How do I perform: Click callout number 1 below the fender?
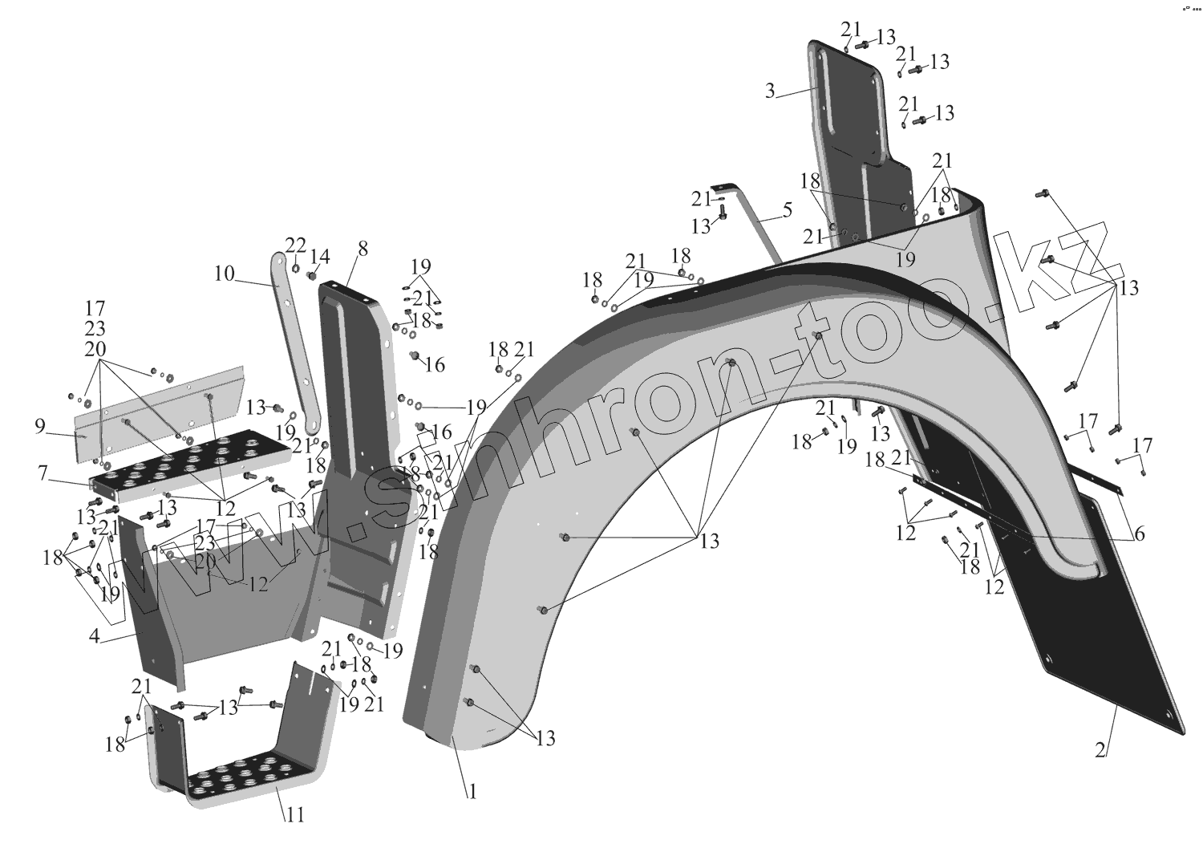(473, 792)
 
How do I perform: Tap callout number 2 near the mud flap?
(1100, 752)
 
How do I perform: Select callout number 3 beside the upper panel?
(770, 91)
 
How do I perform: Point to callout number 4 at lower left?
(95, 638)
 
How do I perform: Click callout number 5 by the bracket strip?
(787, 211)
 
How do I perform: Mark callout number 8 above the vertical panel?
(363, 249)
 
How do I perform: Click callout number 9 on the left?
(40, 427)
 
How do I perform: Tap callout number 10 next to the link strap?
(224, 274)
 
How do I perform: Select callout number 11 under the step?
(295, 815)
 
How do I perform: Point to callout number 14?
(320, 257)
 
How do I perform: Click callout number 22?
(296, 245)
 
